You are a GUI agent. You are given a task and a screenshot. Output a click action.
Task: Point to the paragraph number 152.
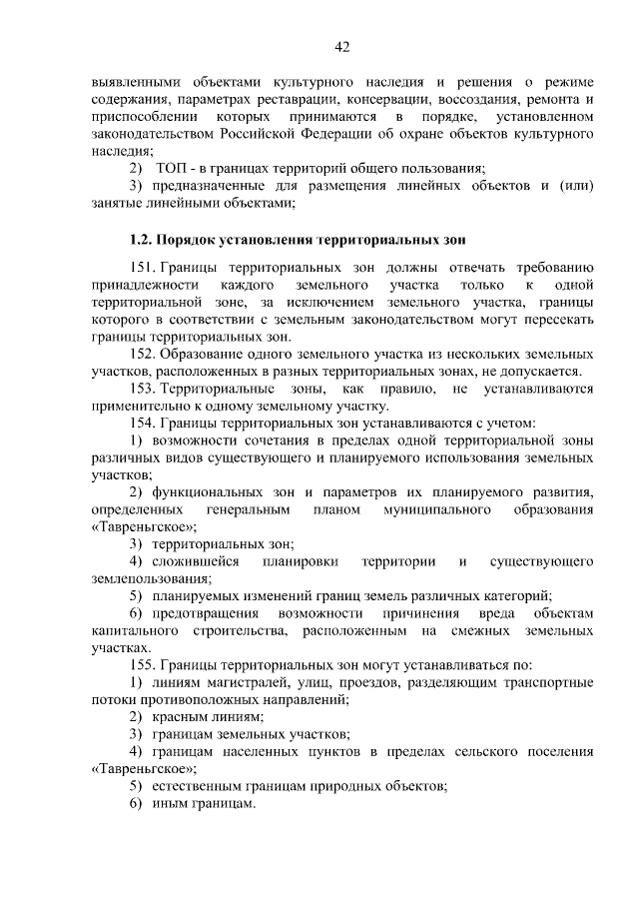pos(142,354)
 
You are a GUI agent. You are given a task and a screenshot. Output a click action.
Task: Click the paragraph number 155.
pos(142,664)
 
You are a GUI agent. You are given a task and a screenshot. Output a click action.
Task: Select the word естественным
pos(199,786)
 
